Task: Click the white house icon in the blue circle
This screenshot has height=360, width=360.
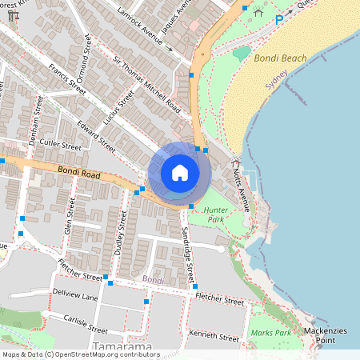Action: (x=179, y=173)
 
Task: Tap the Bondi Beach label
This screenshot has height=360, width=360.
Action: (x=280, y=58)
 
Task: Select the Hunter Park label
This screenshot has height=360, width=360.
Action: (x=217, y=214)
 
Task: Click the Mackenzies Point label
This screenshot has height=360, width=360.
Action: (x=326, y=335)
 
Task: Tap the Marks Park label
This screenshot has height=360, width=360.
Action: (x=270, y=332)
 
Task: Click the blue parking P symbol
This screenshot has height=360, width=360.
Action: (x=279, y=20)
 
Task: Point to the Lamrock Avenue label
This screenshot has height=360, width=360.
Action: (x=144, y=29)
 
